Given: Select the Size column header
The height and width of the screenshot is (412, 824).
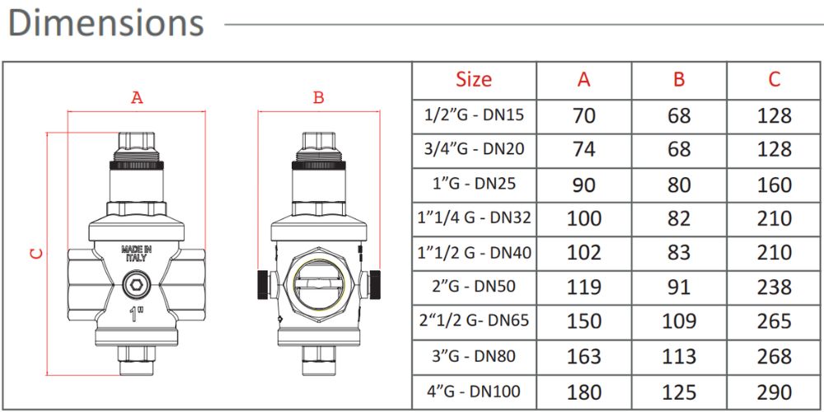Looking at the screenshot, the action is (x=474, y=79).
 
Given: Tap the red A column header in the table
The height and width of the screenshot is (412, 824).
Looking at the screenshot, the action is (x=583, y=79).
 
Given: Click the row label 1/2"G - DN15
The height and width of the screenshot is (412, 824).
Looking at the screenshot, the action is (x=474, y=115).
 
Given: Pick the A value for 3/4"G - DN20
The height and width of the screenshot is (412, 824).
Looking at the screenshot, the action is (x=584, y=149).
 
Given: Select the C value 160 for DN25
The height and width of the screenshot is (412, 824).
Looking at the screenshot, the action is (x=774, y=185).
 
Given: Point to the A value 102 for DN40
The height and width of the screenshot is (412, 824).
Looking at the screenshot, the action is (x=583, y=252).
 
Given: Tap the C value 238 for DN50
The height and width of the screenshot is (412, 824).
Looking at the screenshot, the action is (x=774, y=287).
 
